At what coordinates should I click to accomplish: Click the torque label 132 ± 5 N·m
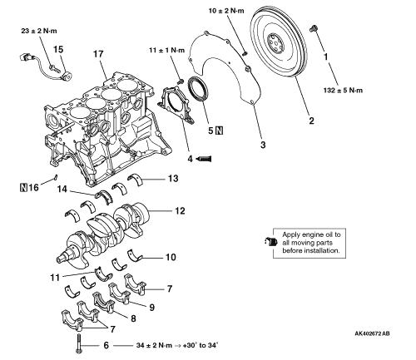pyautogui.click(x=343, y=91)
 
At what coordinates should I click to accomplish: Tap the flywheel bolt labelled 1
pyautogui.click(x=314, y=28)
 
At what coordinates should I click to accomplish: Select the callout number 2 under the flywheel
pyautogui.click(x=311, y=121)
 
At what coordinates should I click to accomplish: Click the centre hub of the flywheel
pyautogui.click(x=276, y=43)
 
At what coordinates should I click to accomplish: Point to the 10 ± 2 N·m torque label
pyautogui.click(x=226, y=11)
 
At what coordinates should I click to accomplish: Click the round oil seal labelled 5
pyautogui.click(x=198, y=88)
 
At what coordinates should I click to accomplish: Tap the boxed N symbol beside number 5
pyautogui.click(x=219, y=131)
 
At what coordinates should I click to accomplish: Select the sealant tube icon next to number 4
pyautogui.click(x=204, y=159)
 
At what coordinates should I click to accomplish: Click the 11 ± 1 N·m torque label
pyautogui.click(x=166, y=51)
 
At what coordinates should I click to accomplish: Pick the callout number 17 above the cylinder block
pyautogui.click(x=98, y=54)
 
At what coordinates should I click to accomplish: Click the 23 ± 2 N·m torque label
pyautogui.click(x=39, y=31)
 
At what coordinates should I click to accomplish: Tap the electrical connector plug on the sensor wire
pyautogui.click(x=26, y=58)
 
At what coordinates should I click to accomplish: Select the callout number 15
pyautogui.click(x=58, y=49)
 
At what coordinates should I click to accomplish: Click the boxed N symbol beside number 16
pyautogui.click(x=23, y=187)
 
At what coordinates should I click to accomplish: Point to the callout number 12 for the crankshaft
pyautogui.click(x=180, y=211)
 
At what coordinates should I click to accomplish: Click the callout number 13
pyautogui.click(x=173, y=178)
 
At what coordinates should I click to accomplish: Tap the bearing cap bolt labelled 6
pyautogui.click(x=79, y=343)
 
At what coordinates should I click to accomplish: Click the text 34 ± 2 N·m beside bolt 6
pyautogui.click(x=154, y=345)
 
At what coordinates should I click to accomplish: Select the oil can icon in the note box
pyautogui.click(x=270, y=241)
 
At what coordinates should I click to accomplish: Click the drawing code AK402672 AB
pyautogui.click(x=372, y=333)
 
